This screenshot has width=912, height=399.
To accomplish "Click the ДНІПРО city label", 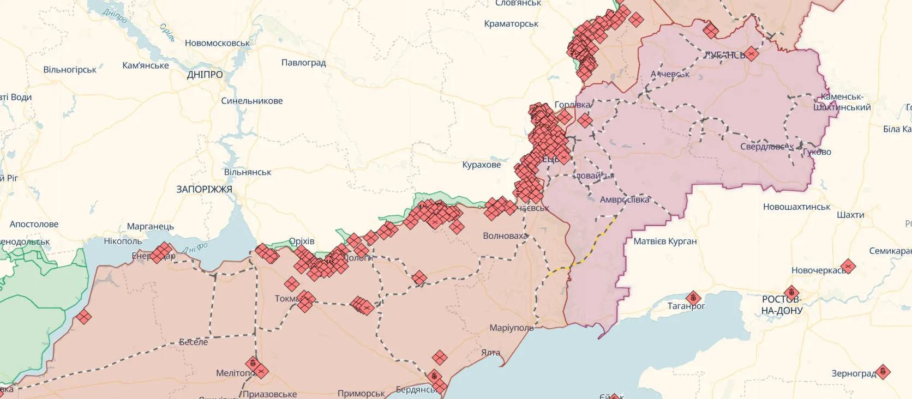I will pyautogui.click(x=205, y=75).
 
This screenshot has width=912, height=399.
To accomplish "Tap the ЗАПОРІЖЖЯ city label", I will pyautogui.click(x=204, y=189).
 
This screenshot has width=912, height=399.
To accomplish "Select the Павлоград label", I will pyautogui.click(x=303, y=63).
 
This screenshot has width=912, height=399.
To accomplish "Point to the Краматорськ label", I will pyautogui.click(x=511, y=23).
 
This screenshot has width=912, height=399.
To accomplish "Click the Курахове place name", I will pyautogui.click(x=481, y=165).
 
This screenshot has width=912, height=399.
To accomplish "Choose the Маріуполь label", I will pyautogui.click(x=511, y=328).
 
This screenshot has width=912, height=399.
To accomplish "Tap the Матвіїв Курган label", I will pyautogui.click(x=665, y=241).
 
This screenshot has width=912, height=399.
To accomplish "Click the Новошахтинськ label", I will pyautogui.click(x=796, y=207).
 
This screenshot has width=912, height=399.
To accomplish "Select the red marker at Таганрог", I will pyautogui.click(x=693, y=298).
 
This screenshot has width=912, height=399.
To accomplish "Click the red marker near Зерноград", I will pyautogui.click(x=883, y=372).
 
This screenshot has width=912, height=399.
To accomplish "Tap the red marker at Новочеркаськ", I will pyautogui.click(x=848, y=266).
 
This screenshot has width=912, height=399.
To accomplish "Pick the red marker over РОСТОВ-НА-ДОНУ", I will pyautogui.click(x=791, y=293).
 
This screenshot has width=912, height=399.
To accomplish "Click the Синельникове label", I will pyautogui.click(x=251, y=101).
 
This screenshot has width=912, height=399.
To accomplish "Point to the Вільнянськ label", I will pyautogui.click(x=247, y=172).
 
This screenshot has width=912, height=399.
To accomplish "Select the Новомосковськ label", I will pyautogui.click(x=217, y=43).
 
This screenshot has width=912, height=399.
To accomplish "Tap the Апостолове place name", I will pyautogui.click(x=34, y=224).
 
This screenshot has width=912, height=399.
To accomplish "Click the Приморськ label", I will pyautogui.click(x=361, y=393).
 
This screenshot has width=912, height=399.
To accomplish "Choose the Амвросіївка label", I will pyautogui.click(x=625, y=199).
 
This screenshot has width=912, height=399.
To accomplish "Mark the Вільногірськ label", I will pyautogui.click(x=70, y=70).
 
